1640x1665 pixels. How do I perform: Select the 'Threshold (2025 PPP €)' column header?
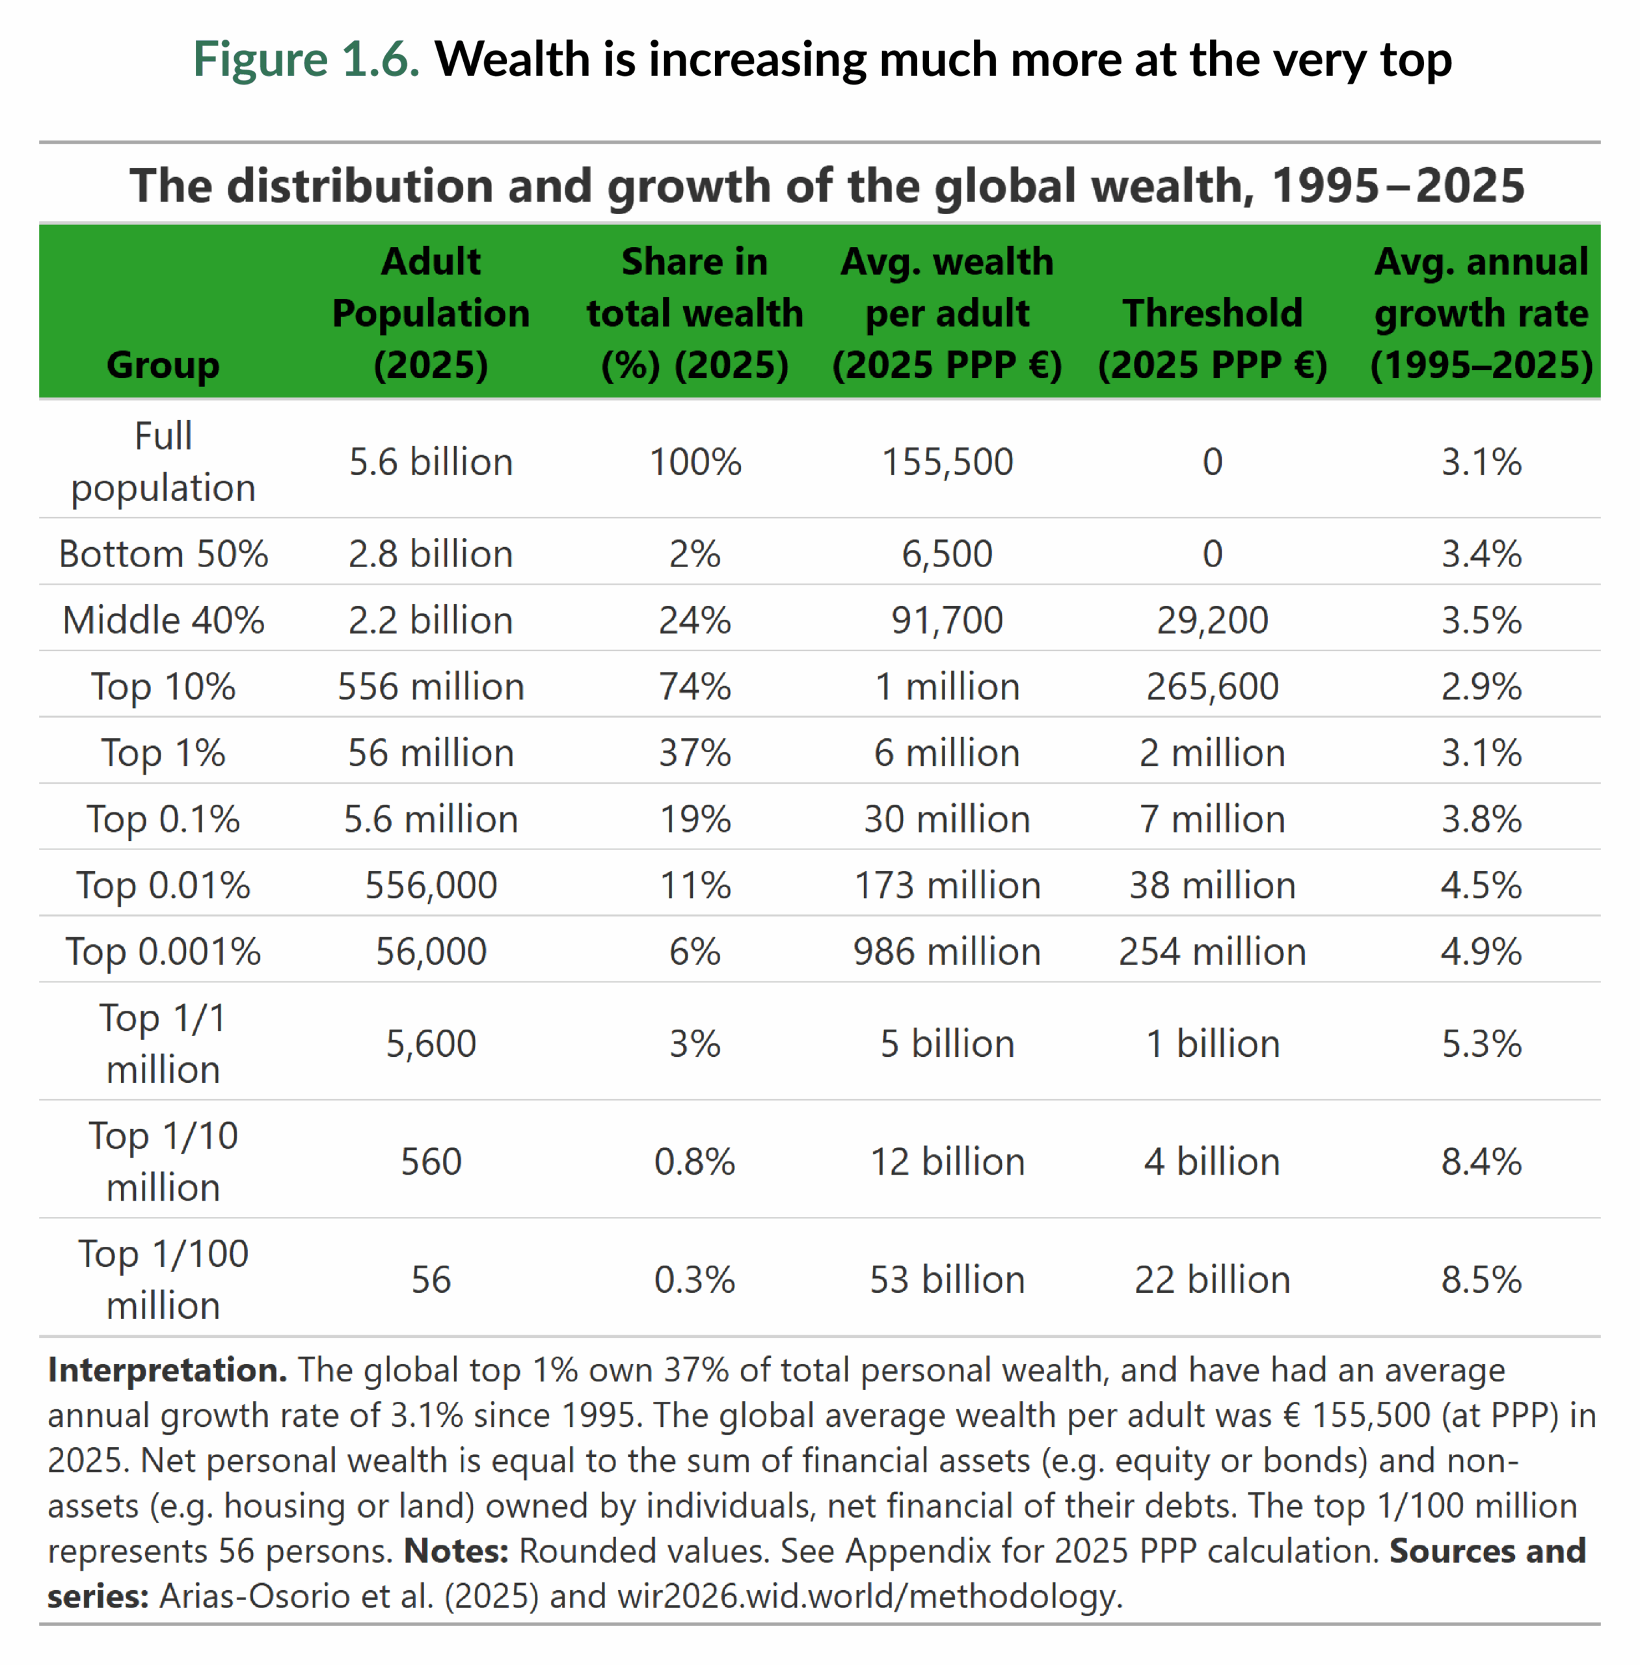pyautogui.click(x=1212, y=338)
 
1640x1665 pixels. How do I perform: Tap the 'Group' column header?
pyautogui.click(x=163, y=364)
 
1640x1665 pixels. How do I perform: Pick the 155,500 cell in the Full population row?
pyautogui.click(x=947, y=462)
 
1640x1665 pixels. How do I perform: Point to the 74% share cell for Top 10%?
pyautogui.click(x=694, y=687)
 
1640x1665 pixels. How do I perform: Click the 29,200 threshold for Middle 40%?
pyautogui.click(x=1212, y=620)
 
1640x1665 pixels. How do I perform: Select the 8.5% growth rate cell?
pyautogui.click(x=1481, y=1279)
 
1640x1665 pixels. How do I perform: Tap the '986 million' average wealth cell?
pyautogui.click(x=947, y=952)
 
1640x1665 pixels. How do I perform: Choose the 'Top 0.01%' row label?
pyautogui.click(x=163, y=885)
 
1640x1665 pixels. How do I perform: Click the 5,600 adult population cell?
pyautogui.click(x=431, y=1043)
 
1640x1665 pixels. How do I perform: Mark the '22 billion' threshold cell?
pyautogui.click(x=1212, y=1279)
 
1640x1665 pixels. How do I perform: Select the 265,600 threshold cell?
pyautogui.click(x=1212, y=687)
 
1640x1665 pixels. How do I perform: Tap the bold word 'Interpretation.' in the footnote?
pyautogui.click(x=167, y=1370)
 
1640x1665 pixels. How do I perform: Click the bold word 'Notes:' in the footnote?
pyautogui.click(x=455, y=1551)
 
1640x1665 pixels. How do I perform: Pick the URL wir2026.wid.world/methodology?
pyautogui.click(x=870, y=1596)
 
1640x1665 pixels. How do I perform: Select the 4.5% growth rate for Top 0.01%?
pyautogui.click(x=1481, y=885)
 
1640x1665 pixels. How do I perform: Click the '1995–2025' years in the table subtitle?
pyautogui.click(x=1397, y=186)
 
